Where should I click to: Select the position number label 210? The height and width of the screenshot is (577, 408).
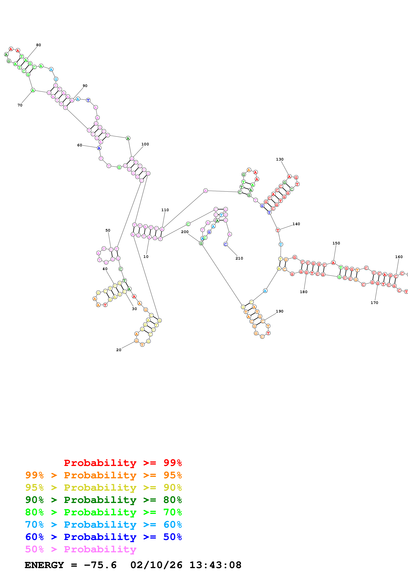[x=239, y=258]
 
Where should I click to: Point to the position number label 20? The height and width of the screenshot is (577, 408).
[x=119, y=350]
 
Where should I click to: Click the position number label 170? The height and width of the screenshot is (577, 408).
[x=374, y=303]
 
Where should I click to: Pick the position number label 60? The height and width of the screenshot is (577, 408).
[x=79, y=145]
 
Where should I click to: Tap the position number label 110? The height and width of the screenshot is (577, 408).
[x=165, y=210]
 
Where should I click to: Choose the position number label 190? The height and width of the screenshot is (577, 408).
[x=279, y=311]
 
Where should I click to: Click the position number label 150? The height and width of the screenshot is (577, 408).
[x=336, y=243]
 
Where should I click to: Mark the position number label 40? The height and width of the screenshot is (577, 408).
[x=105, y=269]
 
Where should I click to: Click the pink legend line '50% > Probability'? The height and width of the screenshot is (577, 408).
[x=81, y=549]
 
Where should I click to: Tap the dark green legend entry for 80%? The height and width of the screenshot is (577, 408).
[x=103, y=500]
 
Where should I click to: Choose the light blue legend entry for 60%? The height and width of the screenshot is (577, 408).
[x=103, y=525]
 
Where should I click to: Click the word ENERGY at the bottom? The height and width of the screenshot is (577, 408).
[x=44, y=565]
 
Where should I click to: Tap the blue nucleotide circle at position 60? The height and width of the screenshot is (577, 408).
[x=99, y=148]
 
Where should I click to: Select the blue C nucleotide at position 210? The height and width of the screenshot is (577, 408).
[x=225, y=244]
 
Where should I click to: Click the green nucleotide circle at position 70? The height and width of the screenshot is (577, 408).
[x=33, y=90]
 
